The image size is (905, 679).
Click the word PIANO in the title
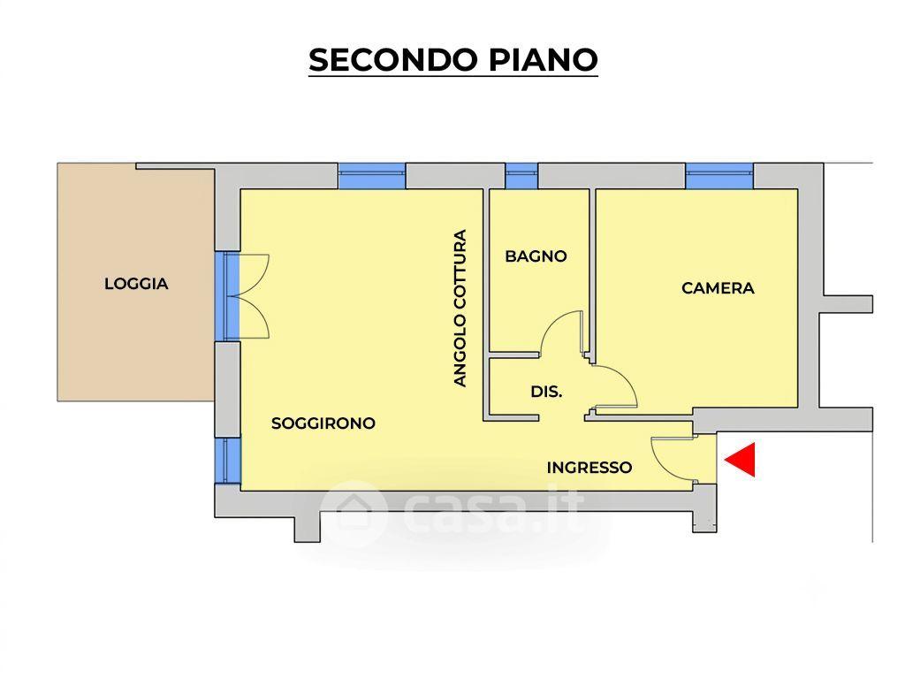[x=544, y=59]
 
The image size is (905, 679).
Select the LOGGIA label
[x=136, y=284]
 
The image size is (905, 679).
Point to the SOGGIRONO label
[x=323, y=423]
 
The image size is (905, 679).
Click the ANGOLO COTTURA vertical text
[x=460, y=308]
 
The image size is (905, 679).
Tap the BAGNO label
[x=536, y=256]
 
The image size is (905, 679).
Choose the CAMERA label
[x=718, y=287]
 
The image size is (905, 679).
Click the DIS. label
[x=546, y=392]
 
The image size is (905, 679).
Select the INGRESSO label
[x=589, y=467]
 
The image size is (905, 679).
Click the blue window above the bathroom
[x=521, y=176]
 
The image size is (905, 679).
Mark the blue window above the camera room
[x=719, y=176]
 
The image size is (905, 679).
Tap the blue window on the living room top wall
[x=372, y=176]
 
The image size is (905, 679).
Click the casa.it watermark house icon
[x=353, y=512]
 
